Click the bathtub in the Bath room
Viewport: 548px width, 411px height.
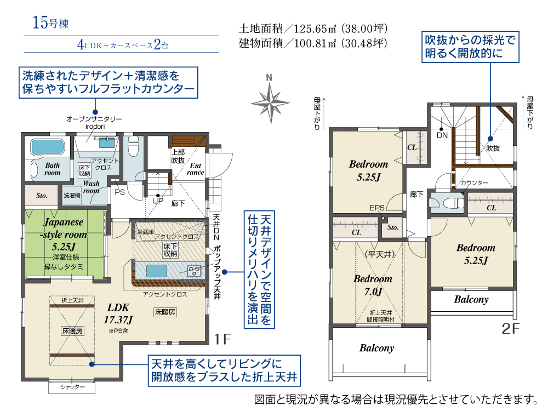pos(48,147)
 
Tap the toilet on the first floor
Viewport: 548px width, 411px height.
pos(133,146)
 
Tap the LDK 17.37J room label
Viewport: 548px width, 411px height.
pos(118,313)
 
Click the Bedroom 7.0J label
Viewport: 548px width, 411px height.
pos(373,285)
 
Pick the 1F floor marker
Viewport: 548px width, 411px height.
pos(222,339)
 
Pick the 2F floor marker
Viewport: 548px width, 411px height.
pos(510,328)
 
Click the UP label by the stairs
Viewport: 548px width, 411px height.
pos(158,201)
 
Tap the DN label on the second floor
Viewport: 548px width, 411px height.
pos(442,135)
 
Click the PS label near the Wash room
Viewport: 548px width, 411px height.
pos(119,192)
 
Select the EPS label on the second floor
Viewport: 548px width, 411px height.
pos(377,208)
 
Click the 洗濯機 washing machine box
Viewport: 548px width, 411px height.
pos(72,196)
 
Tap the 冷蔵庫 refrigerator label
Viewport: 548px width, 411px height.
pos(145,232)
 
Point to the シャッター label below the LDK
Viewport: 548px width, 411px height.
pos(72,387)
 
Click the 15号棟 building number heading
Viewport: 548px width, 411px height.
pos(50,22)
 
